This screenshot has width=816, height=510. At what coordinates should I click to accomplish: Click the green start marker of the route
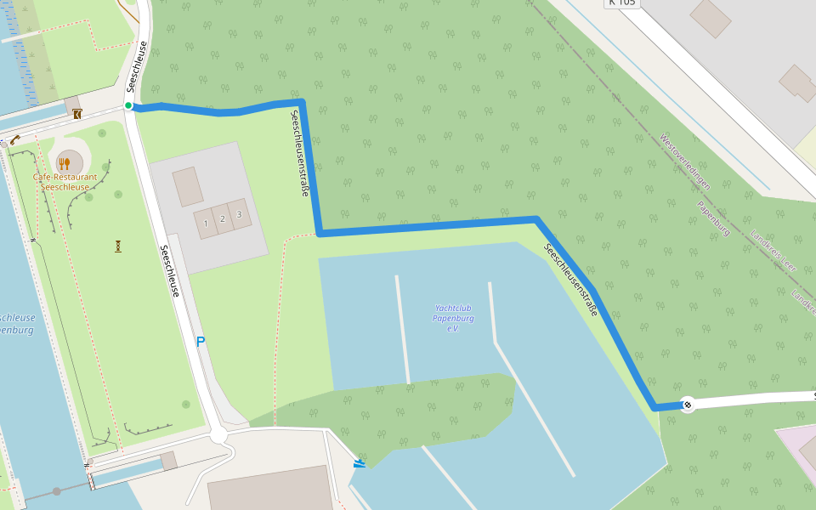tap(128, 105)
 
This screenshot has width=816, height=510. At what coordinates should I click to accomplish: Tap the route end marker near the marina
tap(688, 405)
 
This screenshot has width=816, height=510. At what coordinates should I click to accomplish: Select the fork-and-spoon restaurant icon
tap(65, 161)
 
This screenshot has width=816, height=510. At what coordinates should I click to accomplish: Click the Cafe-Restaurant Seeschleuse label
tap(65, 182)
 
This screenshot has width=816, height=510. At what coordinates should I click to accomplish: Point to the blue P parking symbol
tap(201, 342)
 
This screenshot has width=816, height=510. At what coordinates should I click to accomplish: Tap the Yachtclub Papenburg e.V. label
tap(453, 318)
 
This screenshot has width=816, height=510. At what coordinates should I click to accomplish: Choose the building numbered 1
tap(206, 223)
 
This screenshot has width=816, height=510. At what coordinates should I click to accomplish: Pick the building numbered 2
tap(223, 218)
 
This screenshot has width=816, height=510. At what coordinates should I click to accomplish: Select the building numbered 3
tap(239, 214)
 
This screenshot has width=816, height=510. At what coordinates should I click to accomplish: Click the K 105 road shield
tap(621, 3)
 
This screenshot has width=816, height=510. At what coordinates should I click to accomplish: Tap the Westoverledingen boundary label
tap(685, 161)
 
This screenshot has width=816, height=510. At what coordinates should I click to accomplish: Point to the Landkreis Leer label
tap(773, 252)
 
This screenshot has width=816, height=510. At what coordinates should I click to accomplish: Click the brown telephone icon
tap(15, 139)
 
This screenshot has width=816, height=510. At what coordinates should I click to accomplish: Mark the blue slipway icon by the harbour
tap(360, 463)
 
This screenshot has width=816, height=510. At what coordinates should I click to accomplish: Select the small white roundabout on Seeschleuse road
tap(218, 435)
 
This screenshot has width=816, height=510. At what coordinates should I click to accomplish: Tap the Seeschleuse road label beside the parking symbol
tap(170, 271)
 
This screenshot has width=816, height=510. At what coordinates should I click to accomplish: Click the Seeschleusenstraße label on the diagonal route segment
tap(571, 280)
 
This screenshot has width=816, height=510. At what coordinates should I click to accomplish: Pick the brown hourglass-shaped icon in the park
tap(118, 246)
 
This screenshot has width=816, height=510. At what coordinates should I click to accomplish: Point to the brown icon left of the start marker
tap(77, 113)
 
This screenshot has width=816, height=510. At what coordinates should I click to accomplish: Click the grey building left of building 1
tap(188, 186)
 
